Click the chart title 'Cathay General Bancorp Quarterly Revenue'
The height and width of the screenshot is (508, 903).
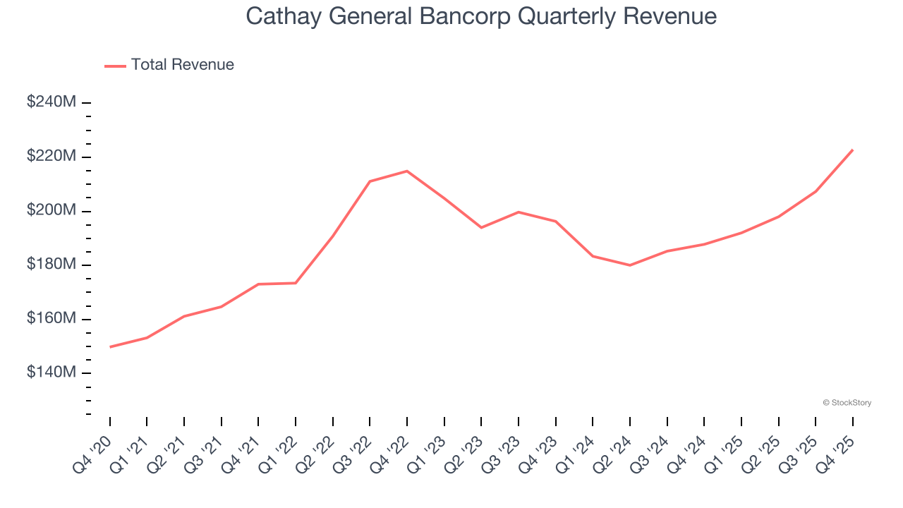pos(481,16)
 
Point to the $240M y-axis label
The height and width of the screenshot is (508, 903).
pos(51,102)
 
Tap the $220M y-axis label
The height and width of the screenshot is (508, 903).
pos(51,156)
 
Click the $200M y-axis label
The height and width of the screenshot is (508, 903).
pos(51,210)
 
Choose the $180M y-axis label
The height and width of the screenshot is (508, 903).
pos(51,265)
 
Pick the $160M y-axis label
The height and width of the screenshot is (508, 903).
pos(51,319)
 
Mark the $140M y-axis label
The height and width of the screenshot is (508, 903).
pos(51,373)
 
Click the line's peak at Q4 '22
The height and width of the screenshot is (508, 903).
pos(407,171)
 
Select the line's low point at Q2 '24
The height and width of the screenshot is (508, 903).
pos(629,265)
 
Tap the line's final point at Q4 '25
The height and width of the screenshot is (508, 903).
pos(852,150)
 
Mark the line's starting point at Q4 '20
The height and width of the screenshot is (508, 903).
pos(110,347)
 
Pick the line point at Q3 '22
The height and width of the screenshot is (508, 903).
pos(370,181)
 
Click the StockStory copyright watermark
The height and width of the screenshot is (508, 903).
pos(847,403)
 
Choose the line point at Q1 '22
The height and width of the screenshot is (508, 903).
pos(296,283)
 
